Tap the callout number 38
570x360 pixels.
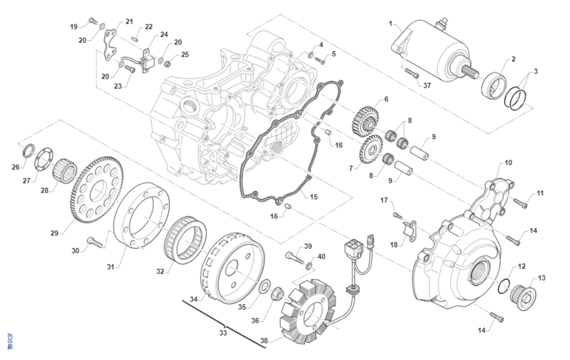(264, 341)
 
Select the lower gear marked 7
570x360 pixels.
(369, 150)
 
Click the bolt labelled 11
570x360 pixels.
(521, 205)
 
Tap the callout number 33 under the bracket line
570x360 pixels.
(223, 332)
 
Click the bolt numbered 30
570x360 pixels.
(95, 242)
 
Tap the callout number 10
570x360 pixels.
(508, 162)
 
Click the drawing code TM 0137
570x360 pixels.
(10, 341)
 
